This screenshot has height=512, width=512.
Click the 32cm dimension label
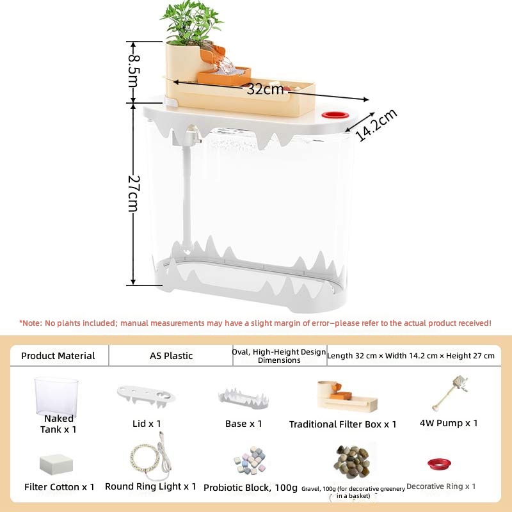click(265, 89)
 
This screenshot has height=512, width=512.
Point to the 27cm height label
click(134, 194)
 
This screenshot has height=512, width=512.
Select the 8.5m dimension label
click(134, 72)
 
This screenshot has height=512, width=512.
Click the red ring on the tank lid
click(335, 115)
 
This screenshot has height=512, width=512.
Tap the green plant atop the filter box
click(191, 22)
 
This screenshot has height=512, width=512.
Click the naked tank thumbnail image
click(56, 396)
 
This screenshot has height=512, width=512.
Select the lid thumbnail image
click(146, 396)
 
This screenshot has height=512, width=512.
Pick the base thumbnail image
click(243, 397)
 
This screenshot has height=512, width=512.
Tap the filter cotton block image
click(56, 464)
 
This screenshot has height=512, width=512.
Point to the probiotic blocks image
click(250, 461)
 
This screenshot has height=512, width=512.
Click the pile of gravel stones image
click(351, 461)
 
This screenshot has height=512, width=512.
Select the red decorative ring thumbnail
click(439, 463)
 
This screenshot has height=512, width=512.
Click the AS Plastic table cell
click(171, 355)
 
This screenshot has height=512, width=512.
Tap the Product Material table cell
click(58, 356)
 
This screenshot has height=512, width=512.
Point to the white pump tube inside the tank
click(187, 196)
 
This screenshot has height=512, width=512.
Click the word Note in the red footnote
click(32, 323)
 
